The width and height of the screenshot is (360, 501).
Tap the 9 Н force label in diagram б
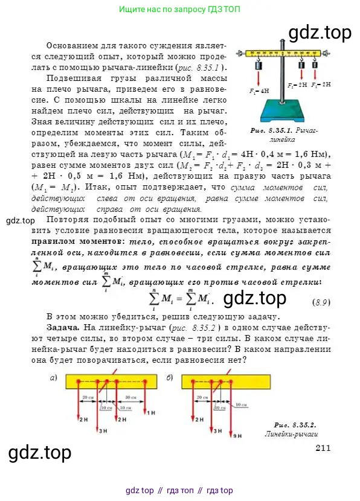click(237, 434)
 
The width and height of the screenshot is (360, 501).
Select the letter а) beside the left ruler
click(53, 378)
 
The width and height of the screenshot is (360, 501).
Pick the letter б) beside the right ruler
click(170, 378)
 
